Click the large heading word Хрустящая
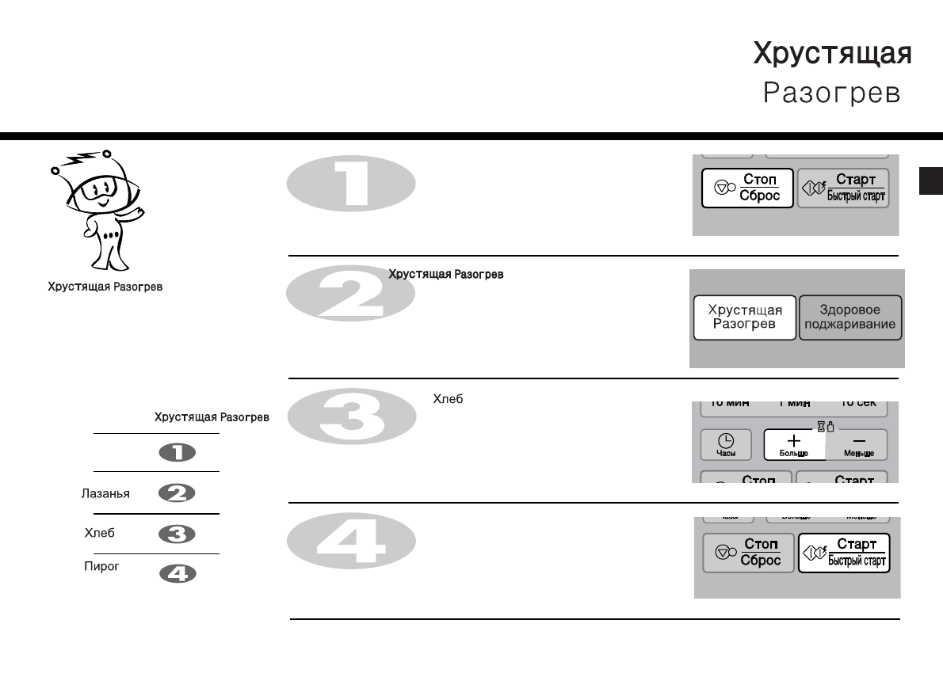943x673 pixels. tap(831, 54)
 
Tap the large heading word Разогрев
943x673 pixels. tap(831, 93)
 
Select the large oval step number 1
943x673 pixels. tap(350, 184)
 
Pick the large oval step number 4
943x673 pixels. tap(350, 543)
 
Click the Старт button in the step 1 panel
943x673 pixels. tap(843, 188)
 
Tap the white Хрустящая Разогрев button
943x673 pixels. tap(744, 317)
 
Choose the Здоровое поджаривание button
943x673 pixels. tap(850, 317)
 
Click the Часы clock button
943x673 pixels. tap(726, 445)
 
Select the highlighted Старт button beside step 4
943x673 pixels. tap(843, 552)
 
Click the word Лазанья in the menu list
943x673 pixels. tap(105, 493)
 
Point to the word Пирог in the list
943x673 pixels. tap(101, 567)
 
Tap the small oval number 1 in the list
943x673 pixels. tap(178, 452)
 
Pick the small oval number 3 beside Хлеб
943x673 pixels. tap(178, 534)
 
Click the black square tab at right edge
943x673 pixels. tap(930, 180)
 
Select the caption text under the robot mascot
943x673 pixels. tap(106, 287)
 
